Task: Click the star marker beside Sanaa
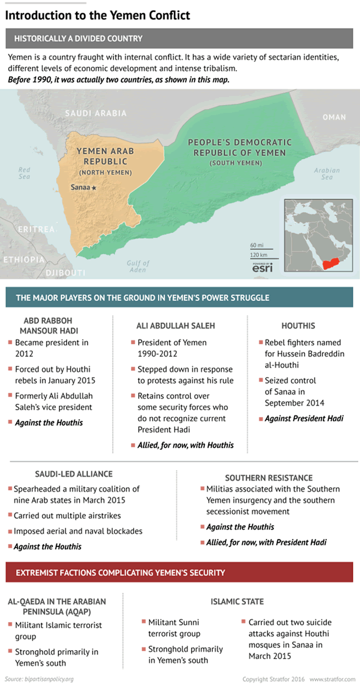94,187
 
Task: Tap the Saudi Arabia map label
95,113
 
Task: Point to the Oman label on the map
333,117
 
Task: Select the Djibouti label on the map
65,273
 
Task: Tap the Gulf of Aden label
138,266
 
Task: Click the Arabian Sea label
327,173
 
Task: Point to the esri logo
262,268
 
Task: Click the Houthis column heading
298,326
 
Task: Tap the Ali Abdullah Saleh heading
175,326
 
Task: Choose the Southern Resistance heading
261,478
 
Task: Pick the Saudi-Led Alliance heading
74,474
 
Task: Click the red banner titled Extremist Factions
180,572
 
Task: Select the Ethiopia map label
24,260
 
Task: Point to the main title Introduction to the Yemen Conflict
98,15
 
